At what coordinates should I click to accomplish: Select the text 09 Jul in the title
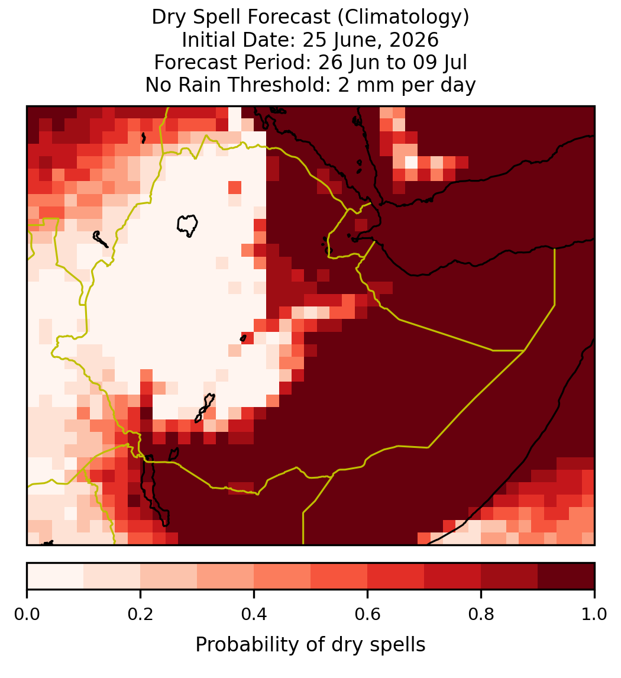point(440,63)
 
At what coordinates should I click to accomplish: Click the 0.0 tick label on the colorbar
point(27,615)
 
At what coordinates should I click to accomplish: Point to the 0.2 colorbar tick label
point(140,615)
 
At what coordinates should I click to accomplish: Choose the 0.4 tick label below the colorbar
point(254,615)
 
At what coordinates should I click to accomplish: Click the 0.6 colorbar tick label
point(367,615)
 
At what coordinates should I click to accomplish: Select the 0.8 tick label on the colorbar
point(481,615)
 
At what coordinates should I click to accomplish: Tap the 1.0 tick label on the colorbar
point(594,615)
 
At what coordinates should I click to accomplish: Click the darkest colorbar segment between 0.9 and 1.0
point(566,576)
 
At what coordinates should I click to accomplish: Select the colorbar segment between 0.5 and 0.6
point(339,576)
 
